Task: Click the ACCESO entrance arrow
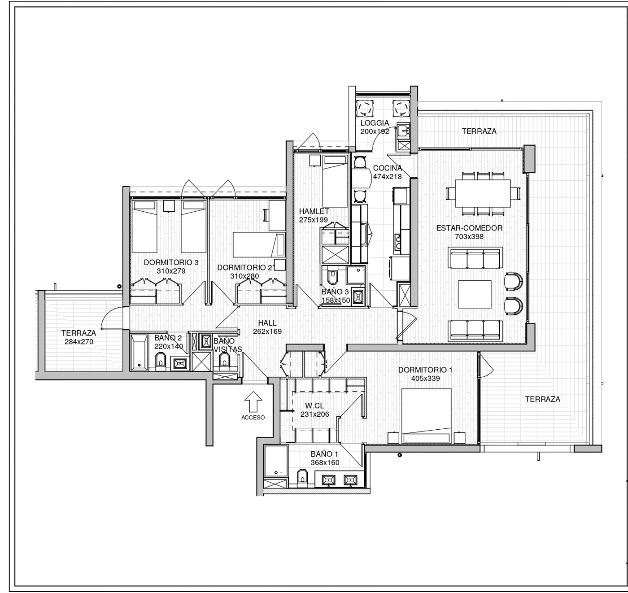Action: click(x=253, y=401)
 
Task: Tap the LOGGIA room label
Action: click(x=375, y=123)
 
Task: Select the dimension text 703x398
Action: click(x=469, y=236)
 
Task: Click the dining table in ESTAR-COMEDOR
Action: click(x=483, y=193)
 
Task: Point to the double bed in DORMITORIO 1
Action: click(x=426, y=415)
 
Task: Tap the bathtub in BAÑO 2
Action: click(x=139, y=352)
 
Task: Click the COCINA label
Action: click(x=388, y=168)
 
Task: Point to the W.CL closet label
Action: click(x=314, y=406)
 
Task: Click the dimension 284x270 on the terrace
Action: click(x=79, y=341)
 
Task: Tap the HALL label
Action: click(x=267, y=323)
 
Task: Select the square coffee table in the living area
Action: click(x=475, y=294)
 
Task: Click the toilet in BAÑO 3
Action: click(x=331, y=277)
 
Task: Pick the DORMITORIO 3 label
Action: click(x=171, y=262)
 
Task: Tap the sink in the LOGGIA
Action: click(x=402, y=131)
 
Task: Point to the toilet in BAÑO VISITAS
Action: click(x=225, y=361)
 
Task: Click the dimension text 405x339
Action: click(x=425, y=378)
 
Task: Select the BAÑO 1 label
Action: click(x=324, y=454)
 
